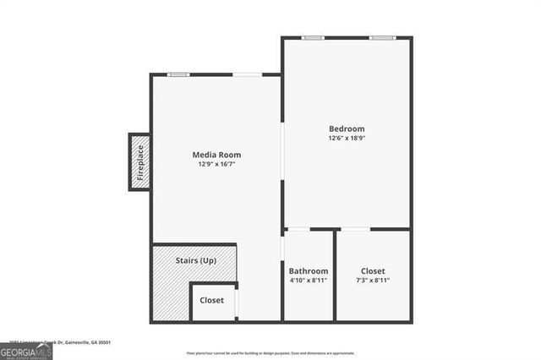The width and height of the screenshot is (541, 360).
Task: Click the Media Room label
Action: coord(216,155)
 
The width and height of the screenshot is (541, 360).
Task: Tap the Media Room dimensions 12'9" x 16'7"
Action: coord(216,164)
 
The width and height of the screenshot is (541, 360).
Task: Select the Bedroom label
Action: coord(347,128)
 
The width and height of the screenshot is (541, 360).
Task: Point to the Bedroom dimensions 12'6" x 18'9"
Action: coord(347,138)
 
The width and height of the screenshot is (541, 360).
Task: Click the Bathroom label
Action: coord(308,270)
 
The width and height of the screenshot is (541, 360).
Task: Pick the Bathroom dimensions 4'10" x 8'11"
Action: coord(308,280)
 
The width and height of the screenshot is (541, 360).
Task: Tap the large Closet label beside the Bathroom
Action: coord(373,270)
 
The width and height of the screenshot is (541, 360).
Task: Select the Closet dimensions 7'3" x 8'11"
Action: coord(373,280)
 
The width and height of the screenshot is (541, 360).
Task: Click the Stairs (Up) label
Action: coord(196,260)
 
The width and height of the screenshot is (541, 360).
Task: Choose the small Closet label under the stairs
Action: coord(212,300)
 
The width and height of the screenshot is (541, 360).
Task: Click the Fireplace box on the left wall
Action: coord(140,162)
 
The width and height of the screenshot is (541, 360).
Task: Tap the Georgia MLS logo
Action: coord(26,352)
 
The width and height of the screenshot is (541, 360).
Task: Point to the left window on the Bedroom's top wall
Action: coord(314,37)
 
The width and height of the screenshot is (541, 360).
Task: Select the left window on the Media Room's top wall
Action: coord(178,74)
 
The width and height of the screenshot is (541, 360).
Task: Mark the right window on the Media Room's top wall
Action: coord(247,74)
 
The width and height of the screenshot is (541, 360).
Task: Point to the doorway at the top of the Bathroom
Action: coord(299,229)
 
